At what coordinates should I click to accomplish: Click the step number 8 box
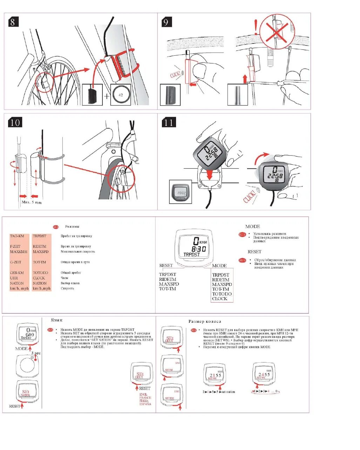click(13, 22)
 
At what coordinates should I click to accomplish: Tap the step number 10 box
click(15, 122)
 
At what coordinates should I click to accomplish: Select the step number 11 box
click(169, 122)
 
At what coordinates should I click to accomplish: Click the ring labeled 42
click(121, 95)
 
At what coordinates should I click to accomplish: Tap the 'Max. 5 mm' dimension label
click(32, 202)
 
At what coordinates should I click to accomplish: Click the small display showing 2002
click(181, 192)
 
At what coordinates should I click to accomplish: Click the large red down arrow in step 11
click(210, 173)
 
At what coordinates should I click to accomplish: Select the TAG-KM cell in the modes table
click(17, 236)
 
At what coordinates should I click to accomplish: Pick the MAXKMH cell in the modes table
click(19, 252)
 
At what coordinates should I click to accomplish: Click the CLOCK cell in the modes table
click(39, 278)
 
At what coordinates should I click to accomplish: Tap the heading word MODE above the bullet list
click(252, 227)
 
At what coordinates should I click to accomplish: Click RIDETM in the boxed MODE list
click(220, 280)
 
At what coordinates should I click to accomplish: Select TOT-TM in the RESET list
click(167, 289)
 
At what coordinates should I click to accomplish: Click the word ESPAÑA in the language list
click(145, 404)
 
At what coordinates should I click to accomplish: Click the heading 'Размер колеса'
click(205, 321)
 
